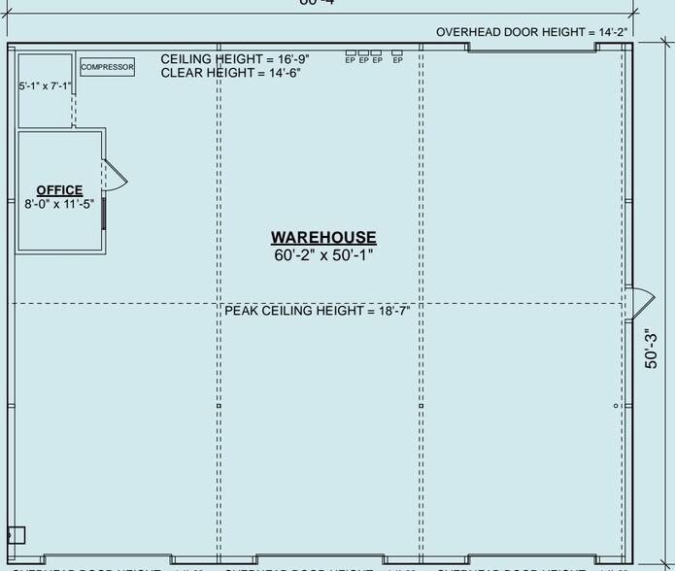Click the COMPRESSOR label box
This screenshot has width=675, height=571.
(107, 67)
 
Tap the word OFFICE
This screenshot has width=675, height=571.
(59, 190)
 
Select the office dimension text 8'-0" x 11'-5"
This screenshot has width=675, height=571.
(59, 204)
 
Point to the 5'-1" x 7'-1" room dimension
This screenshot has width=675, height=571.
(45, 86)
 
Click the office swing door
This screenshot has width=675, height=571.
(115, 175)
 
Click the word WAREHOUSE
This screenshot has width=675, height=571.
(323, 238)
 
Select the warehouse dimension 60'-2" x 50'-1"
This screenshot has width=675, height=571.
(323, 255)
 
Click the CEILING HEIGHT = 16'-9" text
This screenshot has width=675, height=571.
(234, 58)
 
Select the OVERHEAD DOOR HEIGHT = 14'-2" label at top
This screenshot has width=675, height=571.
(531, 32)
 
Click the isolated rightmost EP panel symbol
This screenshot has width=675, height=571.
(397, 56)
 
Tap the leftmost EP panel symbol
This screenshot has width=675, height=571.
(351, 56)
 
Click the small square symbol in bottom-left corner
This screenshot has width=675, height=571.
(17, 534)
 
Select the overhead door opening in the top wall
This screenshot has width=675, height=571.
(531, 48)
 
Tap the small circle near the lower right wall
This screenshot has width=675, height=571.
(616, 405)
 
